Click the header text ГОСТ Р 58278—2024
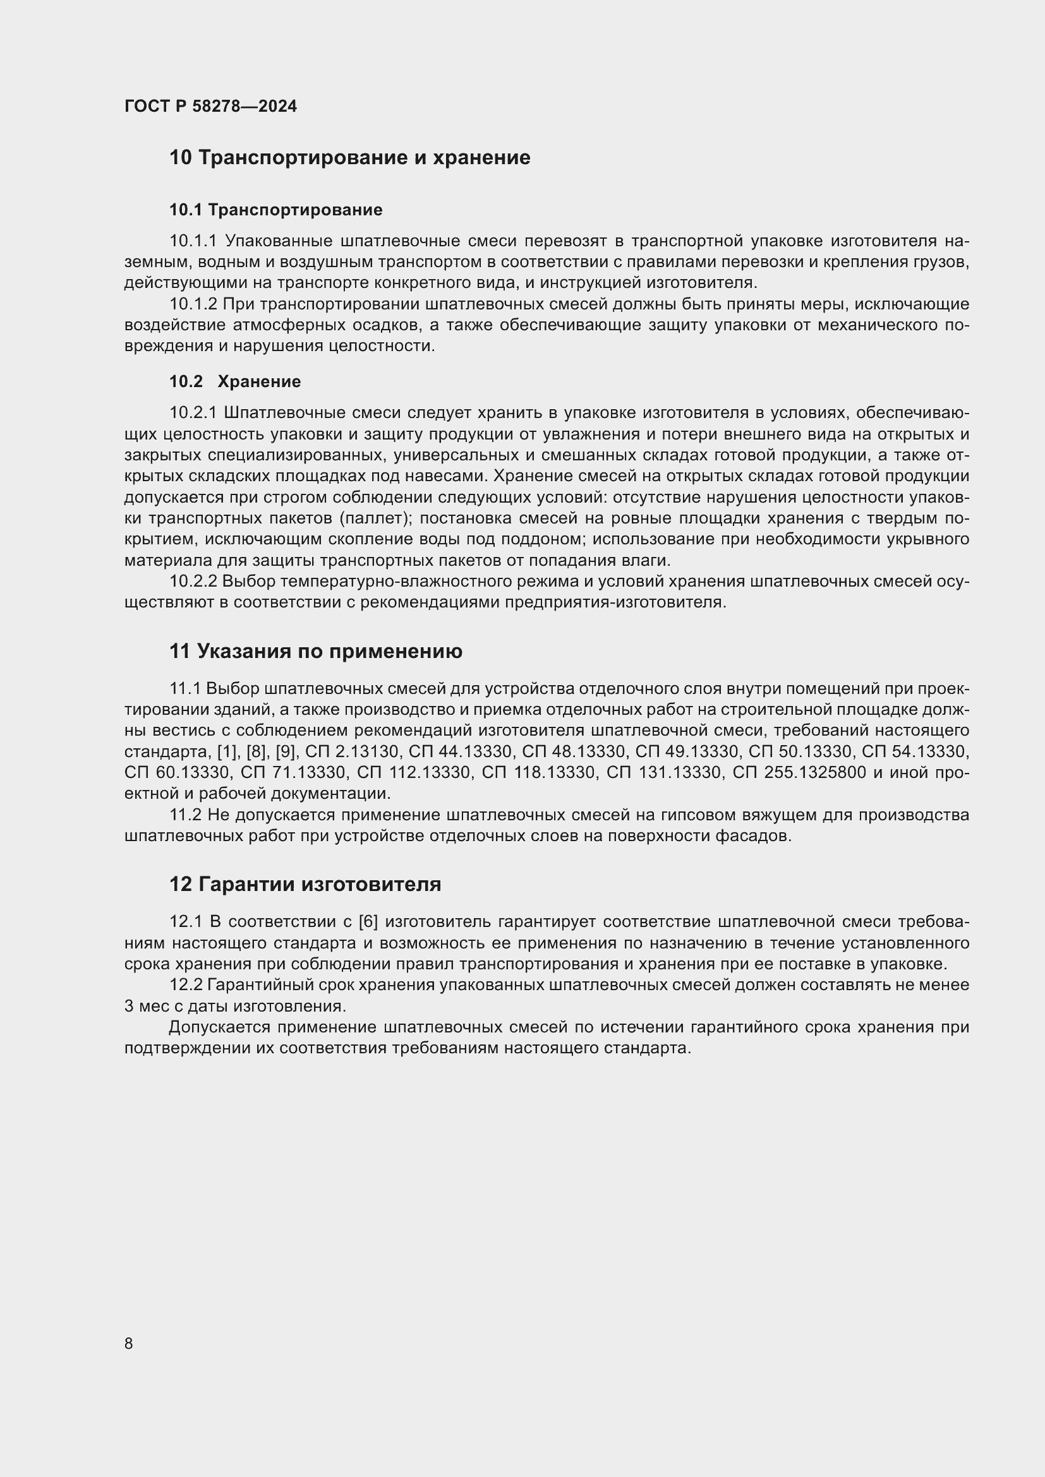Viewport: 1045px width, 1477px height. tap(210, 106)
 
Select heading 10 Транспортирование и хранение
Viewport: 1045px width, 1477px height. tap(349, 158)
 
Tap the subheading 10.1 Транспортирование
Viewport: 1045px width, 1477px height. tap(275, 210)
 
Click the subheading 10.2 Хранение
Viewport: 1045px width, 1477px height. tap(235, 381)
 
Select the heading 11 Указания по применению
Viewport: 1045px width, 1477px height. tap(315, 651)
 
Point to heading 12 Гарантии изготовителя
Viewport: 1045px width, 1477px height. tap(305, 884)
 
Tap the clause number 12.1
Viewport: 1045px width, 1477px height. tap(186, 922)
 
